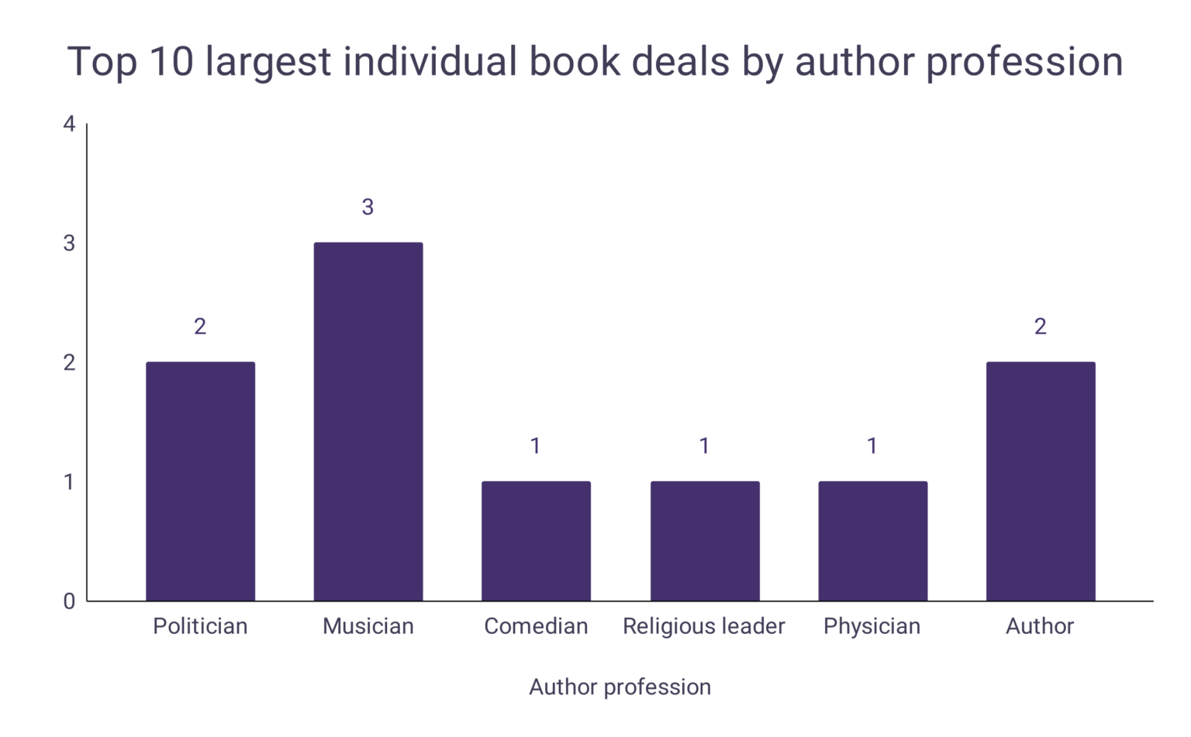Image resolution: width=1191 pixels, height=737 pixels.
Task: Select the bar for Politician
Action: tap(200, 480)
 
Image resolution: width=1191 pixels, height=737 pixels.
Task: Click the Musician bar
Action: tap(368, 422)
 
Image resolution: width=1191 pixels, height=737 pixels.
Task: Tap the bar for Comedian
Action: tap(536, 541)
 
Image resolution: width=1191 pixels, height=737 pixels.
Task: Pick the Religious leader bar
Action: tap(705, 541)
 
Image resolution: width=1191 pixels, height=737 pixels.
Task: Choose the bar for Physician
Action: tap(872, 541)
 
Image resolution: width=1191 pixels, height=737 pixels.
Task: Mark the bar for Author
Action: tap(1041, 480)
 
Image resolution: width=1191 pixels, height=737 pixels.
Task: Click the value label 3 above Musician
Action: tap(368, 207)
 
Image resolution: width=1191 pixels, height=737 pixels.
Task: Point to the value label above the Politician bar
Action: tap(200, 326)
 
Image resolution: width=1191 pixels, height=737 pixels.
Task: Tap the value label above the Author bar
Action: tap(1041, 326)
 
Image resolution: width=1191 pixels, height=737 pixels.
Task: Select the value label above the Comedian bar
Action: tap(536, 446)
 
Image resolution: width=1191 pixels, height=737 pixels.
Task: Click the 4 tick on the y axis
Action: tap(70, 124)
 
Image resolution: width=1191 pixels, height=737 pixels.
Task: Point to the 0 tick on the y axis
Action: tap(70, 601)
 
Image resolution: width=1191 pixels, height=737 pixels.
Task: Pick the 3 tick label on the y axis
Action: tap(70, 243)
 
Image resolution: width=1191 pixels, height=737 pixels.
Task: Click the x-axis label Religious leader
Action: tap(704, 626)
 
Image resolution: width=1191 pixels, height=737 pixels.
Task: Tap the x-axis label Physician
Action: tap(872, 626)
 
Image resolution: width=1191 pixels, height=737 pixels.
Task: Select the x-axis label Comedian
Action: tap(536, 626)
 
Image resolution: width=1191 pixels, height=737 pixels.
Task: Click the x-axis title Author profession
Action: tap(620, 687)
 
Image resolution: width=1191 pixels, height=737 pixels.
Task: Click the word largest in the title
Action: tap(268, 62)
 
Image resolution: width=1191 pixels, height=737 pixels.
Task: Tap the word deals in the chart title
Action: tap(681, 62)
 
